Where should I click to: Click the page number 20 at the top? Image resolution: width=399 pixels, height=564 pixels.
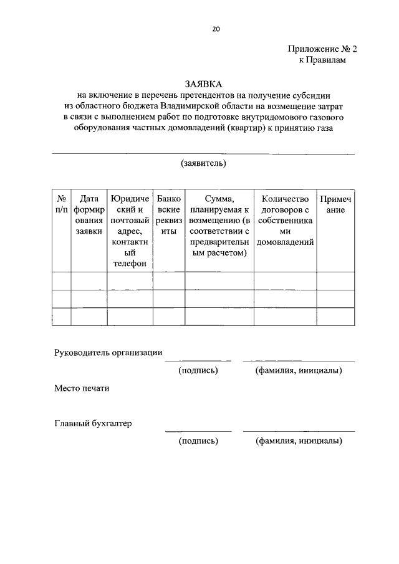pyautogui.click(x=199, y=29)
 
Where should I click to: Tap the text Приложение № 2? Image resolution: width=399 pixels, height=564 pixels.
pyautogui.click(x=324, y=49)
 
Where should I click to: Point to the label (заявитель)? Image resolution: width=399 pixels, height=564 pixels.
pyautogui.click(x=203, y=164)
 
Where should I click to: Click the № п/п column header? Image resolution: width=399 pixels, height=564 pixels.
pyautogui.click(x=61, y=204)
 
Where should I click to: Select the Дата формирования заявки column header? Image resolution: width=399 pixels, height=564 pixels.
pyautogui.click(x=89, y=215)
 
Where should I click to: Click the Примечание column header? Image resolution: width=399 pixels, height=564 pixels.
pyautogui.click(x=335, y=204)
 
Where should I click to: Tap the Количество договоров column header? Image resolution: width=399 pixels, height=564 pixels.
pyautogui.click(x=286, y=220)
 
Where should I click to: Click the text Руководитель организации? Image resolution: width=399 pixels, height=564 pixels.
pyautogui.click(x=108, y=353)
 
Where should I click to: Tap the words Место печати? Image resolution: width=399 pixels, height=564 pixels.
pyautogui.click(x=82, y=388)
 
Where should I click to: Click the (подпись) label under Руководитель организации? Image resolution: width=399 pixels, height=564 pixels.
pyautogui.click(x=198, y=371)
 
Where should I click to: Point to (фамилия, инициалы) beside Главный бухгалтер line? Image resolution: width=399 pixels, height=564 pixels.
pyautogui.click(x=298, y=441)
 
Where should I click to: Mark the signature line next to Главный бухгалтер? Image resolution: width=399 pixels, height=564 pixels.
pyautogui.click(x=198, y=431)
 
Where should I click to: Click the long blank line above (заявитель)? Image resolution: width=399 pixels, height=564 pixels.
pyautogui.click(x=203, y=153)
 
